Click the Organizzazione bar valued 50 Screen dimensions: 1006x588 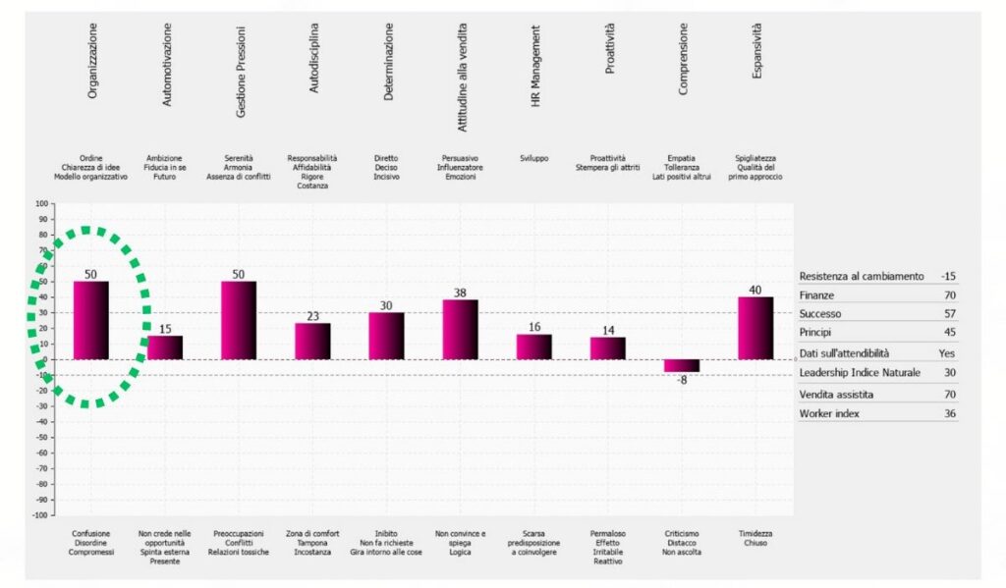pyautogui.click(x=91, y=320)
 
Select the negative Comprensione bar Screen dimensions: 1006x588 pyautogui.click(x=682, y=365)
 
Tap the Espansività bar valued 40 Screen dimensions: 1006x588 pyautogui.click(x=755, y=328)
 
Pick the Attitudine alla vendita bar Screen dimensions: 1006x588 pyautogui.click(x=460, y=330)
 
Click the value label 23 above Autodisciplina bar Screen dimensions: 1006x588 pyautogui.click(x=312, y=316)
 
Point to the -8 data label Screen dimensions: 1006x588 pyautogui.click(x=682, y=380)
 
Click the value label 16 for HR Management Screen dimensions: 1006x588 pyautogui.click(x=534, y=327)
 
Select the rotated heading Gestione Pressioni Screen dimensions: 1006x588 pyautogui.click(x=241, y=72)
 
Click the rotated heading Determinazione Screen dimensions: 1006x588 pyautogui.click(x=388, y=62)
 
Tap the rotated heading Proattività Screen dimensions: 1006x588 pyautogui.click(x=609, y=49)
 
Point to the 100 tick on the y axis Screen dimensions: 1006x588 pyautogui.click(x=41, y=204)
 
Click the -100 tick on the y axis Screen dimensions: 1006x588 pyautogui.click(x=40, y=515)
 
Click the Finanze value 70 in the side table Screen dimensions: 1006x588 pyautogui.click(x=950, y=295)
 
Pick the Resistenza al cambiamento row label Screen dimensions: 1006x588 pyautogui.click(x=862, y=277)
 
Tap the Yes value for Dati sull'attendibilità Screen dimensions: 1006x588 pyautogui.click(x=946, y=353)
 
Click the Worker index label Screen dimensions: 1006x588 pyautogui.click(x=829, y=413)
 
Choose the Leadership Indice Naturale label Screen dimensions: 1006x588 pyautogui.click(x=860, y=373)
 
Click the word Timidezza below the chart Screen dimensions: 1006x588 pyautogui.click(x=755, y=533)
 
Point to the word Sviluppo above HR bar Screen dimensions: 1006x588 pyautogui.click(x=533, y=158)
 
